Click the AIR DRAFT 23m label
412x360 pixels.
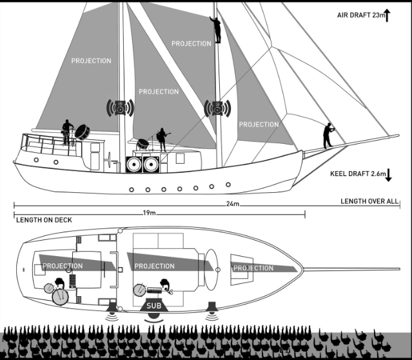(360, 15)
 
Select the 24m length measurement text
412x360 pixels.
(233, 205)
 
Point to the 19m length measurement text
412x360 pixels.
(150, 212)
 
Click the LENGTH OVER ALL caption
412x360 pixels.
(369, 202)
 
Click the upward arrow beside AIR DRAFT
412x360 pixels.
(387, 14)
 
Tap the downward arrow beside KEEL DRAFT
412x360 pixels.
(391, 174)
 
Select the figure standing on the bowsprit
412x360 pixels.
(329, 135)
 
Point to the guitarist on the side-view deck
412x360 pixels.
(162, 139)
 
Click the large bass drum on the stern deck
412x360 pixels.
(82, 131)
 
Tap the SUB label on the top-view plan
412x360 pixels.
(153, 306)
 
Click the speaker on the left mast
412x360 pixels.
(121, 108)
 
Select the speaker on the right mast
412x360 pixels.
(217, 108)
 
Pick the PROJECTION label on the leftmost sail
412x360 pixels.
(91, 61)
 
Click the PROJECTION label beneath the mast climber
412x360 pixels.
(191, 44)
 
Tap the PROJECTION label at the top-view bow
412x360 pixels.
(253, 268)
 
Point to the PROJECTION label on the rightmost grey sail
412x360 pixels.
(259, 125)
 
